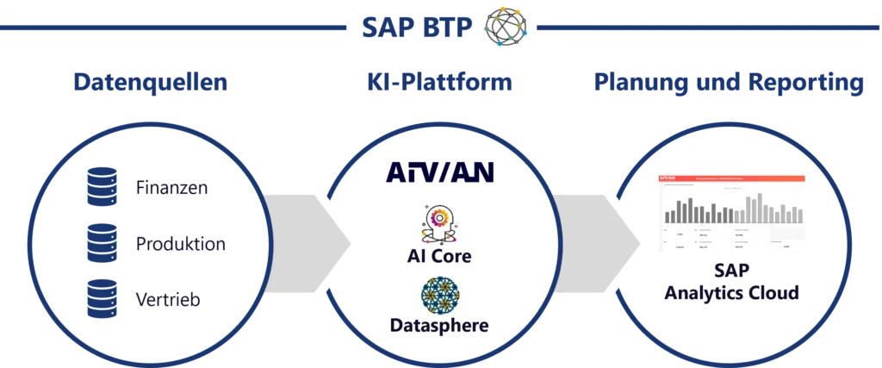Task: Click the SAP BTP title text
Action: click(x=417, y=28)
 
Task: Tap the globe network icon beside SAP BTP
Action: click(x=506, y=26)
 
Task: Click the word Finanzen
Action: click(x=171, y=187)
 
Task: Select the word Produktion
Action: click(x=180, y=244)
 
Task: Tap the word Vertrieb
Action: click(x=169, y=300)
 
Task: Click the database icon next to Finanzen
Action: click(x=102, y=186)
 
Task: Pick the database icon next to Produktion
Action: click(x=102, y=243)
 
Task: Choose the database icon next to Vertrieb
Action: click(x=102, y=299)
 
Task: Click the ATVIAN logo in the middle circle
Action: click(x=439, y=172)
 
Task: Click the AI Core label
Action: click(x=439, y=256)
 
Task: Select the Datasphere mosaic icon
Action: click(x=439, y=294)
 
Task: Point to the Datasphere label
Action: click(x=439, y=325)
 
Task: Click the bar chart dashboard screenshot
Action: click(x=731, y=212)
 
